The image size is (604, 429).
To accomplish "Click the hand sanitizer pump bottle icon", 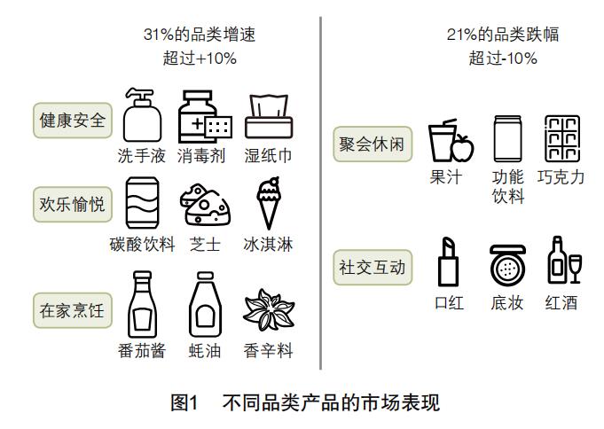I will tap(142, 115).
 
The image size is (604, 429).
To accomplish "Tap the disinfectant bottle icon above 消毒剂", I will tap(203, 115).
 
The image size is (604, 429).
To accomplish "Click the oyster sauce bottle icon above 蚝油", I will tap(204, 306).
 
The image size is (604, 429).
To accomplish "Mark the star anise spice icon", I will tap(268, 309).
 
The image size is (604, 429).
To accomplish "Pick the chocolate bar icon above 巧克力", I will tap(561, 138).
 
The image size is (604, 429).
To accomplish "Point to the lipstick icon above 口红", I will tap(447, 261).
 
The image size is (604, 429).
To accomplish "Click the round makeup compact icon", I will tap(507, 263).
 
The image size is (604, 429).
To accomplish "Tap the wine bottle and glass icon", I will tap(561, 260).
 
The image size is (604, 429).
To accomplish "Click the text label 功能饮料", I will tap(508, 186).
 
